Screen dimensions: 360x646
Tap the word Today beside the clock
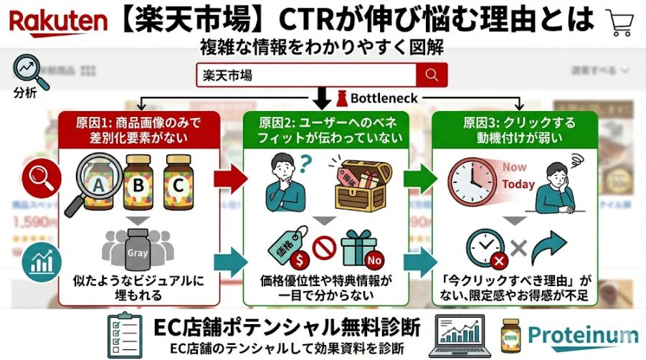click(x=518, y=184)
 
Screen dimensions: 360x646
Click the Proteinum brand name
click(x=581, y=335)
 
